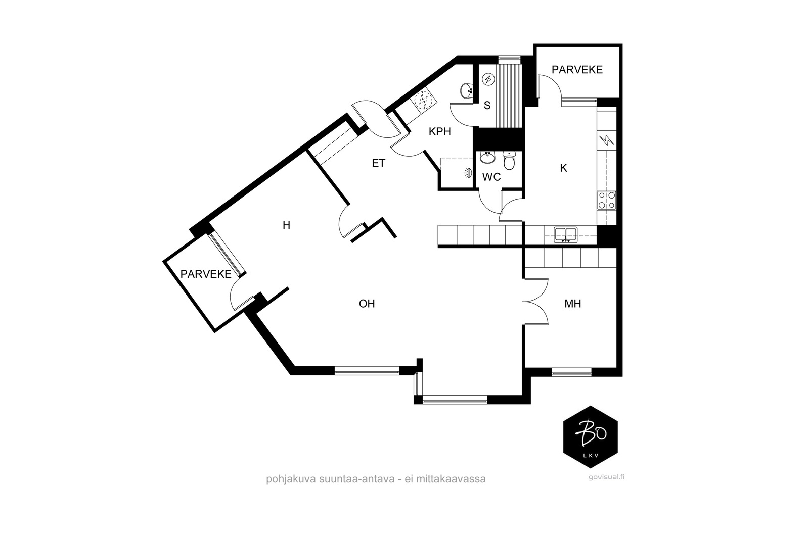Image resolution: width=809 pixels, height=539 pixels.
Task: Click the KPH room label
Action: [x=439, y=132]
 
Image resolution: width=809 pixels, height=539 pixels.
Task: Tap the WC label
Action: [x=491, y=177]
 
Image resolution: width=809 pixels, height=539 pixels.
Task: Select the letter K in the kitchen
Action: [x=563, y=168]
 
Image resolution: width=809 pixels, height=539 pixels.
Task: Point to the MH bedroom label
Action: [x=572, y=304]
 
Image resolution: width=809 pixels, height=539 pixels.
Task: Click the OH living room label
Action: [x=367, y=304]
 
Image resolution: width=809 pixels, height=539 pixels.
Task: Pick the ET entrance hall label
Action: [x=379, y=164]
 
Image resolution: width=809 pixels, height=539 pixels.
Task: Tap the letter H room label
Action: [x=286, y=225]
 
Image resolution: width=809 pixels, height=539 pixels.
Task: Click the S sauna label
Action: [x=487, y=106]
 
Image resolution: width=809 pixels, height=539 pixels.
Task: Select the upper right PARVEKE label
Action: [x=577, y=70]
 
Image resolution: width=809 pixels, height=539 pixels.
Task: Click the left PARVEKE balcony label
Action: [x=206, y=274]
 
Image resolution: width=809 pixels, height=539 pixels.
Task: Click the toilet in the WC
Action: [x=509, y=161]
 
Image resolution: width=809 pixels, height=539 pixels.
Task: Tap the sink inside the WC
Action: [x=487, y=158]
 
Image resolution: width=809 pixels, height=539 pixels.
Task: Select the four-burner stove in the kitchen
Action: [x=606, y=201]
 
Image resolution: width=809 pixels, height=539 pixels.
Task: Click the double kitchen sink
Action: [x=566, y=235]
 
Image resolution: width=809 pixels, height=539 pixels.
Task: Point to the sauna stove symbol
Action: [x=488, y=79]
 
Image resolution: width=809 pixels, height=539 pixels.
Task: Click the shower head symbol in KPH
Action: [x=468, y=173]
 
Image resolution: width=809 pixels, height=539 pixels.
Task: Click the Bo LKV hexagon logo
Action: [x=591, y=437]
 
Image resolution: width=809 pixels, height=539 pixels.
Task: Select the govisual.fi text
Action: [x=606, y=477]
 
